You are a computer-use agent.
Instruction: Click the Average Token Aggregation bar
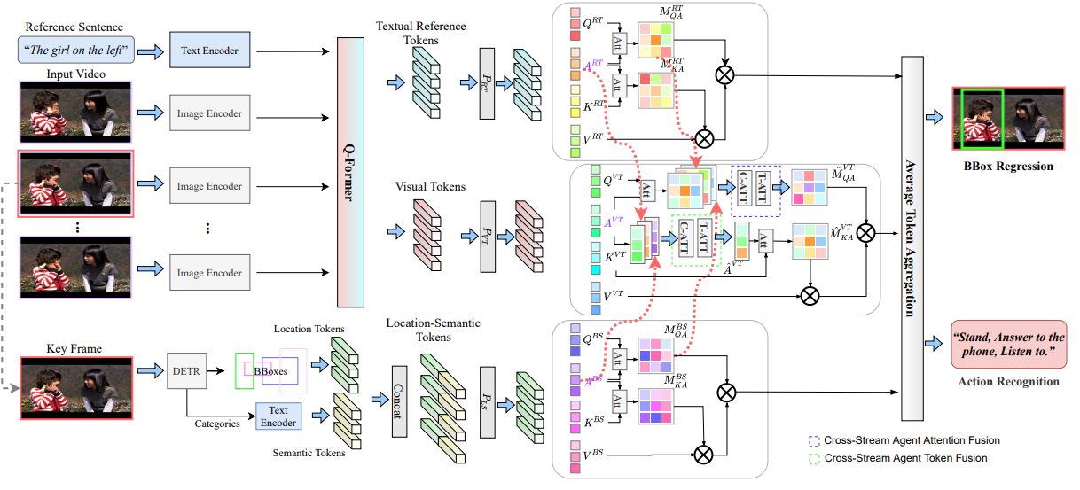[x=910, y=237]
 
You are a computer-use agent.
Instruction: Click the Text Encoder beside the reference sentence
[x=209, y=51]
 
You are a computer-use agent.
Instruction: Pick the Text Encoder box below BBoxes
[x=278, y=416]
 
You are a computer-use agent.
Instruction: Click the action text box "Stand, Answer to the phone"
[x=1008, y=345]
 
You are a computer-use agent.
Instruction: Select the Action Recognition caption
[x=1008, y=382]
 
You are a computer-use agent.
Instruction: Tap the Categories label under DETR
[x=218, y=424]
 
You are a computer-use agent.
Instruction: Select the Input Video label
[x=76, y=74]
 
